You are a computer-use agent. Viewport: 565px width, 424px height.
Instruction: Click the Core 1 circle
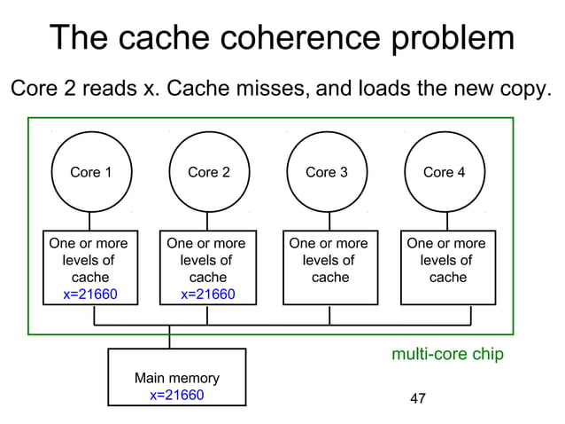(x=90, y=172)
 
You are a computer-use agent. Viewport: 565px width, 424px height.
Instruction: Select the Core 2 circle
(x=208, y=172)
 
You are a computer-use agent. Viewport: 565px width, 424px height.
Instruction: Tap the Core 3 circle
(x=327, y=172)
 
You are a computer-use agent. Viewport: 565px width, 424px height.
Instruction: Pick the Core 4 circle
(x=445, y=172)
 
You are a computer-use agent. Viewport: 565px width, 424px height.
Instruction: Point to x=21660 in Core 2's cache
(x=207, y=294)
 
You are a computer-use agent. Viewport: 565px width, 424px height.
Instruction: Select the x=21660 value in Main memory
(x=176, y=395)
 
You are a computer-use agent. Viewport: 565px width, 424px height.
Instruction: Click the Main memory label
(x=176, y=378)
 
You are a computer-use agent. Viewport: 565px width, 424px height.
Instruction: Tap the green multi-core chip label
(x=447, y=355)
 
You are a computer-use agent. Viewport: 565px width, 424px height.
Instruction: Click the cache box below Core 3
(x=328, y=265)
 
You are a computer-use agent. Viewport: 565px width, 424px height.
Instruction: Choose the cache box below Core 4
(x=446, y=265)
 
